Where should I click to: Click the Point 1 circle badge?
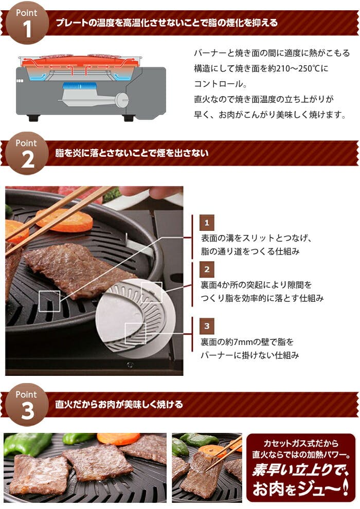pyautogui.click(x=27, y=23)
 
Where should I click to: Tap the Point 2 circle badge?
pyautogui.click(x=27, y=153)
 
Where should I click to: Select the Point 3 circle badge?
pyautogui.click(x=27, y=405)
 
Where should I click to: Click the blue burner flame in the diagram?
pyautogui.click(x=79, y=86)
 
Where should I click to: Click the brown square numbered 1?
pyautogui.click(x=207, y=223)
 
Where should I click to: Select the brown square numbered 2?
pyautogui.click(x=207, y=269)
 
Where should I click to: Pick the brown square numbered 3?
pyautogui.click(x=207, y=325)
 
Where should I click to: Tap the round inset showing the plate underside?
pyautogui.click(x=136, y=317)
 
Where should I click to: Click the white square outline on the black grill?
pyautogui.click(x=49, y=302)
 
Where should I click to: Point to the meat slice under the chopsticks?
pyautogui.click(x=77, y=268)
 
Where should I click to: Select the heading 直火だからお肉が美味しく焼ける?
pyautogui.click(x=119, y=405)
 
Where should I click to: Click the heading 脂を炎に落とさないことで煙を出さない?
pyautogui.click(x=132, y=153)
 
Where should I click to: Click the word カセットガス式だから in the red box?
pyautogui.click(x=301, y=443)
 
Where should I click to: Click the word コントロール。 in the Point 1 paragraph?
pyautogui.click(x=221, y=84)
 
